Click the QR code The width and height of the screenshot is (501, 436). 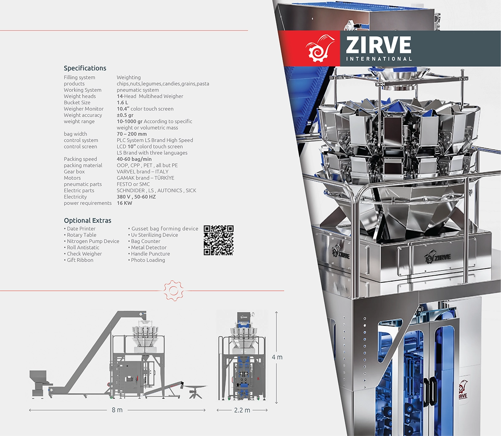219,240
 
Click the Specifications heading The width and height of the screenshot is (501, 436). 85,68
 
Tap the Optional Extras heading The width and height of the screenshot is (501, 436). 87,221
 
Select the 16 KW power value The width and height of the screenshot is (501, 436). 124,203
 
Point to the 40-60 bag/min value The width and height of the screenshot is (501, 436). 134,159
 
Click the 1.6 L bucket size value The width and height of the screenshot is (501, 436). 122,103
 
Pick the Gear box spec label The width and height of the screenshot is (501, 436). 74,172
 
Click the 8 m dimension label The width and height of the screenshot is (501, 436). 117,410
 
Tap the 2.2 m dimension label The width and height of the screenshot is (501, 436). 242,410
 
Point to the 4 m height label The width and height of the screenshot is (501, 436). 277,357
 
